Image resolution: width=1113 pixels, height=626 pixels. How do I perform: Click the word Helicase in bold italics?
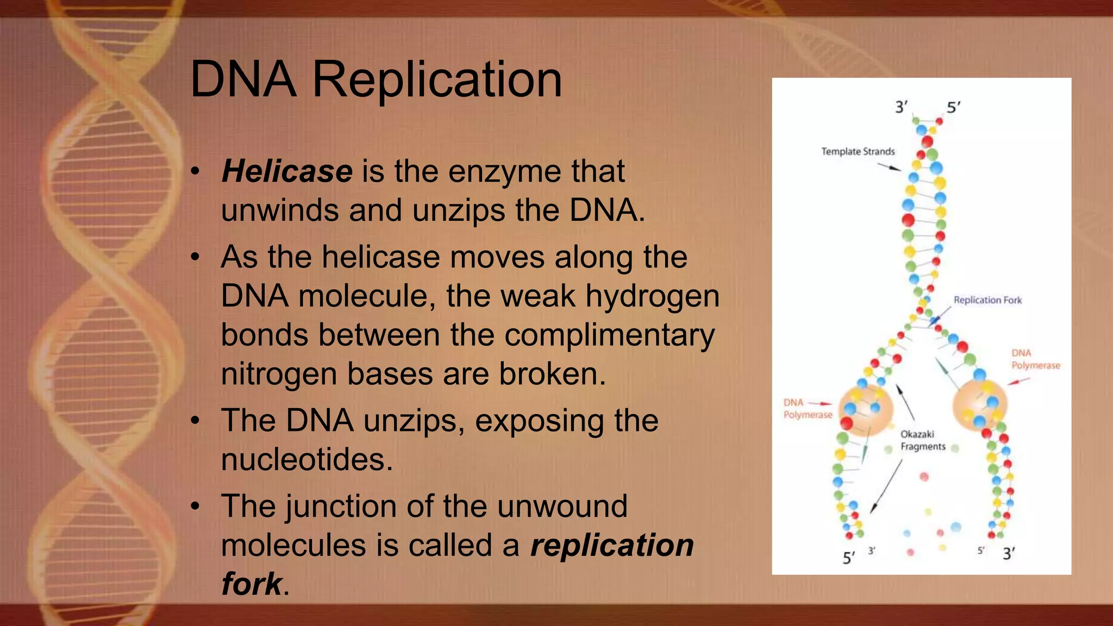[287, 172]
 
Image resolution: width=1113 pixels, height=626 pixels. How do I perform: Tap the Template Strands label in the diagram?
[858, 152]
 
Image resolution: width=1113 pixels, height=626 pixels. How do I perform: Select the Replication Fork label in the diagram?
[987, 300]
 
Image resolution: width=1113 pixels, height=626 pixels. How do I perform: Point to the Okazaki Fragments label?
[922, 440]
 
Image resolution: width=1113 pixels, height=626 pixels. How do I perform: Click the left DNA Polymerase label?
[807, 409]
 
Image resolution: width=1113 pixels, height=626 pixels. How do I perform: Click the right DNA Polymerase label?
[1035, 359]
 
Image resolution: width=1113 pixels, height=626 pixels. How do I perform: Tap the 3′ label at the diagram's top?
[901, 107]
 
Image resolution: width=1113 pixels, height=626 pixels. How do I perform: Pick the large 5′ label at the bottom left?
[848, 558]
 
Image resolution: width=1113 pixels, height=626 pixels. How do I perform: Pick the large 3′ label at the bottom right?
[1009, 554]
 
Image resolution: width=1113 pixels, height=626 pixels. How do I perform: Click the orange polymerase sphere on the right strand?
[980, 405]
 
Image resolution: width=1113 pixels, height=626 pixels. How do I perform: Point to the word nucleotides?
[307, 460]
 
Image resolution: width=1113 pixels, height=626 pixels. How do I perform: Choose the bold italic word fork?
[252, 584]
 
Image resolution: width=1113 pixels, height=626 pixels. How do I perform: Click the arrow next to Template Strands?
[890, 167]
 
